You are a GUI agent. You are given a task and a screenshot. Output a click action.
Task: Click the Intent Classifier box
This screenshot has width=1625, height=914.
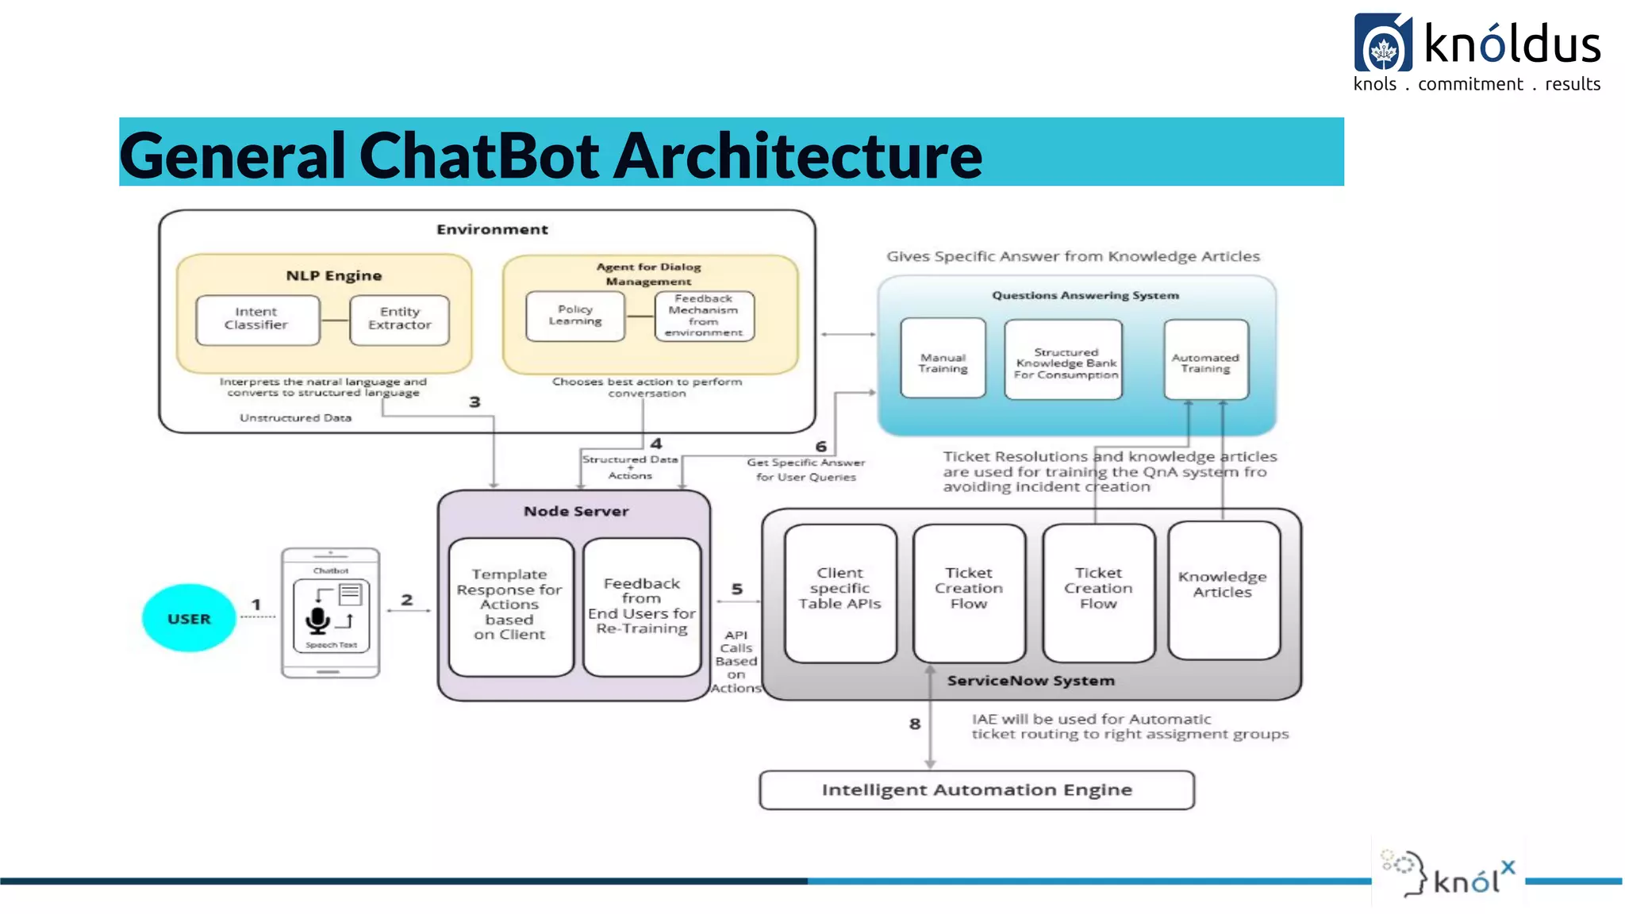click(x=257, y=320)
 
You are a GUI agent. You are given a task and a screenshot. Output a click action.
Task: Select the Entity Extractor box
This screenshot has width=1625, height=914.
click(x=399, y=320)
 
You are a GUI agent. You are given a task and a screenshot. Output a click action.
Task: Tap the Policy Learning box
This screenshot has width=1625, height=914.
click(x=575, y=316)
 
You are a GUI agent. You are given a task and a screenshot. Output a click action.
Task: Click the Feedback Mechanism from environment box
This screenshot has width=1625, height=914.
click(x=704, y=316)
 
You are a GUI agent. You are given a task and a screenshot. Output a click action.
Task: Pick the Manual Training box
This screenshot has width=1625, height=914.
click(x=943, y=358)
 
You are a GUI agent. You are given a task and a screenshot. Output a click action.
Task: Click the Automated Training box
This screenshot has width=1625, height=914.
click(x=1205, y=359)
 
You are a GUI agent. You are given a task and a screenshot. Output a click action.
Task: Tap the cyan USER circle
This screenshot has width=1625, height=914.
click(x=189, y=618)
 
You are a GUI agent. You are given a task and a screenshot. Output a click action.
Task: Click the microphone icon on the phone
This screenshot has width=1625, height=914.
click(x=317, y=620)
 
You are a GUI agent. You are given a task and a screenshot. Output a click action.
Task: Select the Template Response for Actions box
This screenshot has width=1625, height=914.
click(x=510, y=606)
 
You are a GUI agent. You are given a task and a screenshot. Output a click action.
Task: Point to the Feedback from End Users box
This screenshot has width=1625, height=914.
click(x=642, y=606)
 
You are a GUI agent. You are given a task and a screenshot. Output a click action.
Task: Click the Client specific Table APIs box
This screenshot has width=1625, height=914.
click(x=839, y=593)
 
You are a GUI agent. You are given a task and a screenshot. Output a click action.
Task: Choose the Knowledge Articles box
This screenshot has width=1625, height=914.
click(x=1223, y=589)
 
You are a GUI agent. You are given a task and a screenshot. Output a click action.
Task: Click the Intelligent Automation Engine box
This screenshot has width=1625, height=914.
click(x=977, y=790)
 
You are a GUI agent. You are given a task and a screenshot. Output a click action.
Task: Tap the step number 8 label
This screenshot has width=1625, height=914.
click(x=915, y=724)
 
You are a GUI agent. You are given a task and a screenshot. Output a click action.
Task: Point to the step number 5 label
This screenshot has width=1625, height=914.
click(x=737, y=589)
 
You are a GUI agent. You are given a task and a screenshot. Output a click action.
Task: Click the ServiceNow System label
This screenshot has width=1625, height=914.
click(x=1031, y=681)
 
